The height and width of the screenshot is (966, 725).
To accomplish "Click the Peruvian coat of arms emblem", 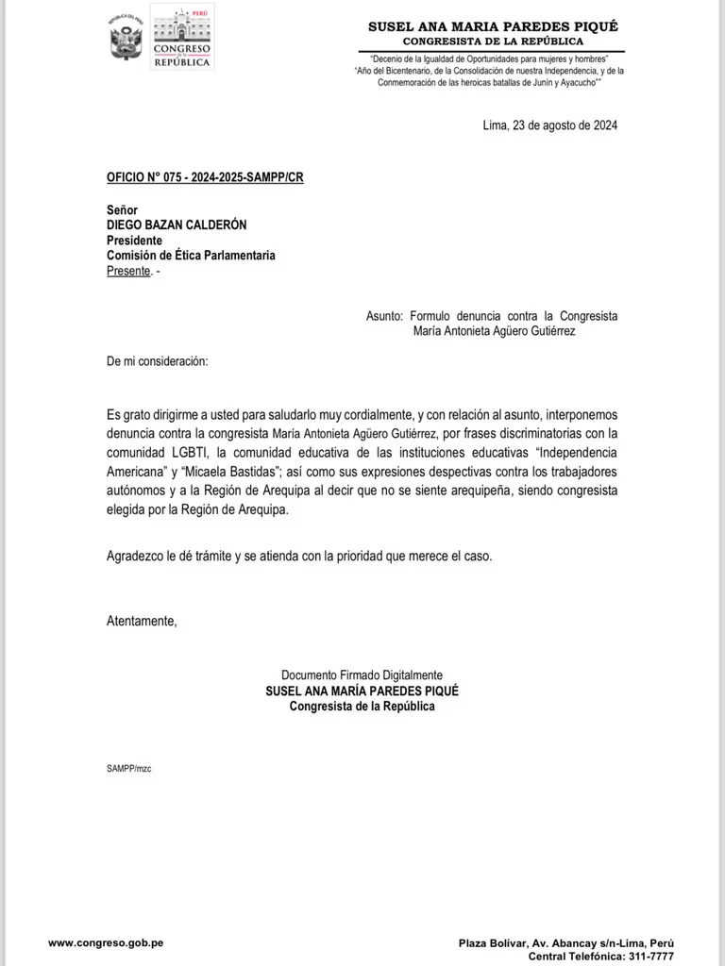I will tap(126, 39).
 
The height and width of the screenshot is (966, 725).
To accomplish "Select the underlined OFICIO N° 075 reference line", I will tap(205, 177).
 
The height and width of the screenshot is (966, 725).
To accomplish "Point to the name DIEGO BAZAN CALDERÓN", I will tap(177, 225).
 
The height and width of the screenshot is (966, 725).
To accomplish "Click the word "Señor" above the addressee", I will tap(122, 209).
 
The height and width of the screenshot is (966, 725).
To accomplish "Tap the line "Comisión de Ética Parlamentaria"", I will tap(191, 255).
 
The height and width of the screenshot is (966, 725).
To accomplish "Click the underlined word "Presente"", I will tap(128, 271).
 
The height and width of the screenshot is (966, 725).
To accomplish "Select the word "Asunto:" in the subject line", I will tap(384, 317).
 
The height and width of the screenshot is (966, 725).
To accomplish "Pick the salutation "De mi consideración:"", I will tap(158, 361).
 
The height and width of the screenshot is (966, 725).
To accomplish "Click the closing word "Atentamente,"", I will tap(142, 621).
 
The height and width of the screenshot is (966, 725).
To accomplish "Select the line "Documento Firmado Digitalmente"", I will tap(362, 675).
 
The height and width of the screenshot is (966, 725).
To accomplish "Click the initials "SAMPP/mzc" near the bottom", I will tap(129, 769).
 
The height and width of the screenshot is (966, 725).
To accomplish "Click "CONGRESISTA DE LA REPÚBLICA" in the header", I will tap(493, 42).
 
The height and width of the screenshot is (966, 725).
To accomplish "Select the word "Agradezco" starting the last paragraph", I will tap(135, 556).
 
